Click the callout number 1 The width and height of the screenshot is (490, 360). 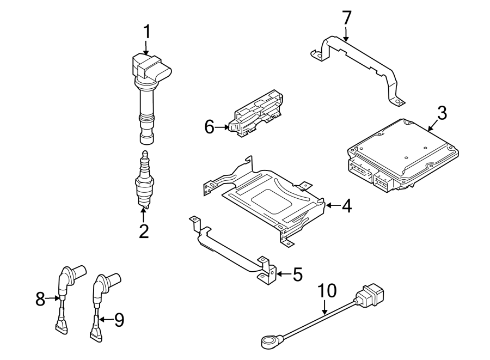click(x=145, y=33)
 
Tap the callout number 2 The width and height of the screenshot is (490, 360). click(x=144, y=231)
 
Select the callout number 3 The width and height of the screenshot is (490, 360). click(x=442, y=113)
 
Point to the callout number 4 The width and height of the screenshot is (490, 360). click(x=346, y=206)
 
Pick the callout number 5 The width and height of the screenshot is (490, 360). click(x=297, y=274)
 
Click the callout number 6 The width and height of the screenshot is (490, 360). click(x=210, y=127)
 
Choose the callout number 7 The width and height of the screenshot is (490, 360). click(x=347, y=18)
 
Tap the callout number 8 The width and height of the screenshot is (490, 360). click(x=40, y=298)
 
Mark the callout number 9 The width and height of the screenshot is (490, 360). click(x=119, y=320)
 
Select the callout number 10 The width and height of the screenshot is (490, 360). click(x=328, y=292)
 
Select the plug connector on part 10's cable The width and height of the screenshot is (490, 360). click(x=370, y=296)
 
